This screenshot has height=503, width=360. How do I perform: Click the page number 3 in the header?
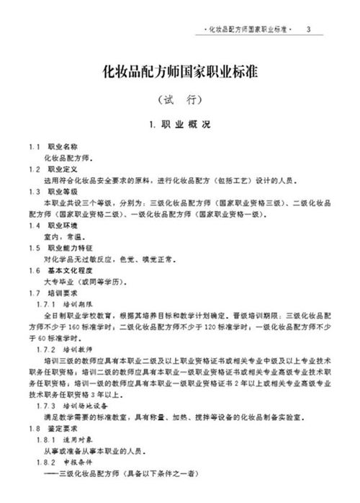(308, 30)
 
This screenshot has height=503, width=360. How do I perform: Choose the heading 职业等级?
(60, 192)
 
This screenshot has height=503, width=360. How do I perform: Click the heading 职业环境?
(60, 226)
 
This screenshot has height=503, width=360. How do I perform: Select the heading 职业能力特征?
(64, 248)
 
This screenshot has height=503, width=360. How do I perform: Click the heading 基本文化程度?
(64, 270)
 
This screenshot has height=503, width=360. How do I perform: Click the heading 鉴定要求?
(60, 427)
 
